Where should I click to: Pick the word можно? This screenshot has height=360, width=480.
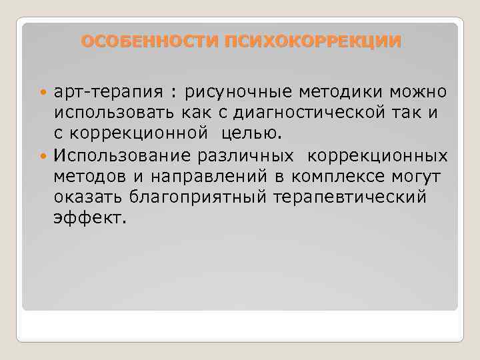pos(414,91)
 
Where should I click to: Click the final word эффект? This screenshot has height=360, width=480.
pos(89,219)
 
